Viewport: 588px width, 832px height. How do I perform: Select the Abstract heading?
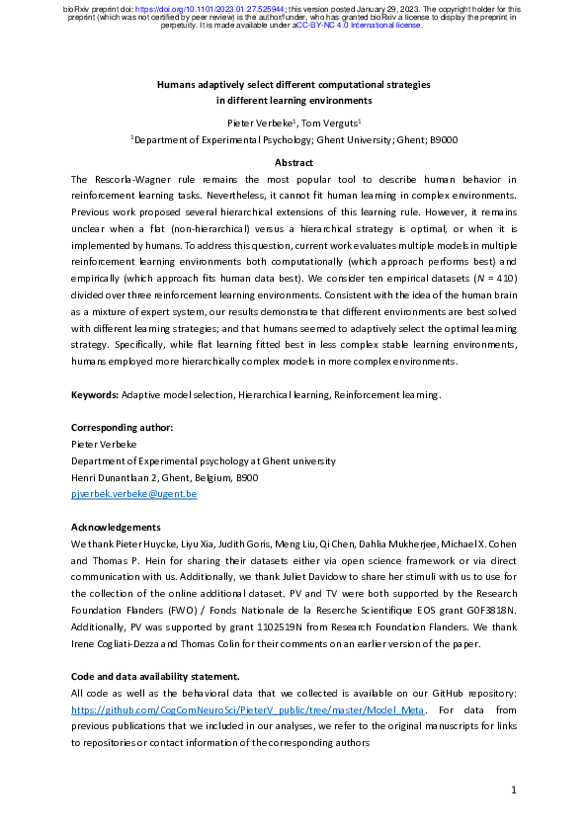point(294,162)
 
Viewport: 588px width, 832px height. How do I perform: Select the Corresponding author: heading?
point(123,427)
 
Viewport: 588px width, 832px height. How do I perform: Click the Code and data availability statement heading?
point(156,676)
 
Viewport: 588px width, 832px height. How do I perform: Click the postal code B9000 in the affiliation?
point(442,140)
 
